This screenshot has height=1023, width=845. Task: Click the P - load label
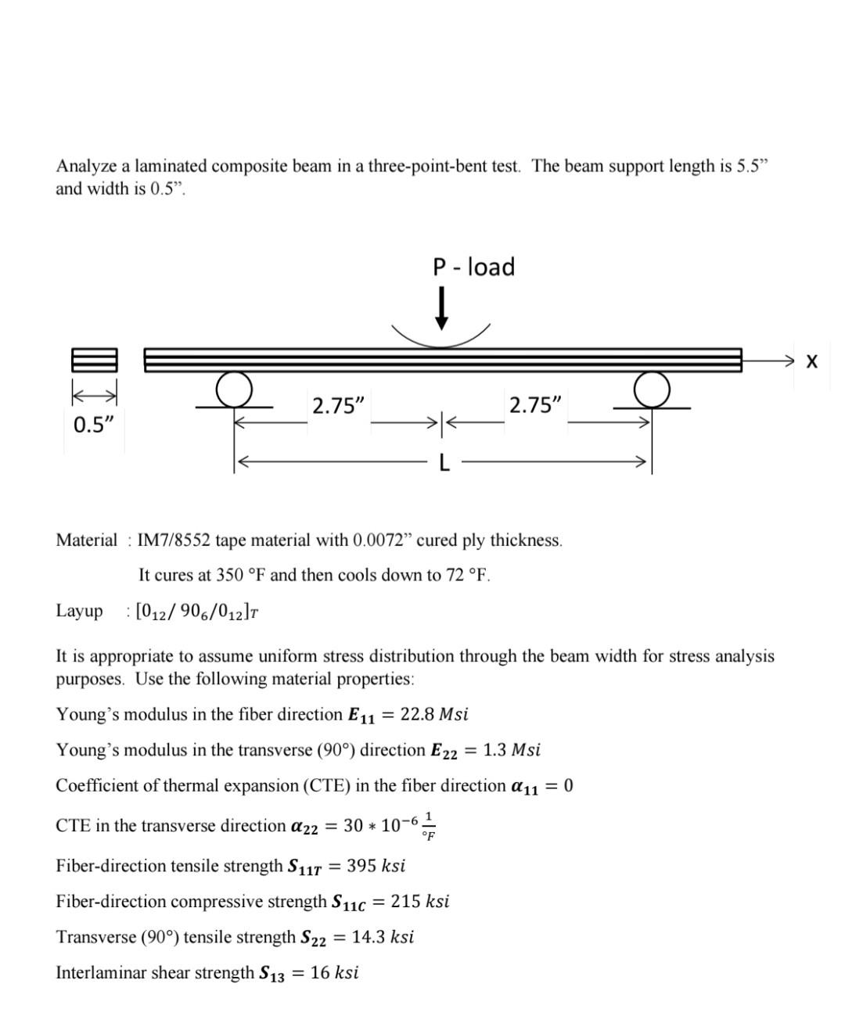[x=473, y=267]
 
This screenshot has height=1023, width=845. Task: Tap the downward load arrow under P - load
[x=442, y=309]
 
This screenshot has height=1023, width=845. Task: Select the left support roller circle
[x=234, y=388]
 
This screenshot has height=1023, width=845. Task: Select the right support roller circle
[x=652, y=388]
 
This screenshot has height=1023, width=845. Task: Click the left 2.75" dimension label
[x=338, y=406]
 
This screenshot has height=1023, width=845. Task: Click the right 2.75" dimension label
[x=535, y=406]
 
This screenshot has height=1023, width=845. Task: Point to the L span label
[x=444, y=464]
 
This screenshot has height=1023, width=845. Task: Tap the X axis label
[x=811, y=361]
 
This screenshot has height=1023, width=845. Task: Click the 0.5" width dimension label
[x=94, y=425]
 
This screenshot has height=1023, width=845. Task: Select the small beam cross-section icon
[x=95, y=360]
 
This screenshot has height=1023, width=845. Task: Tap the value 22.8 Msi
[x=434, y=714]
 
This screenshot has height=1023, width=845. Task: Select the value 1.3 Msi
[x=512, y=750]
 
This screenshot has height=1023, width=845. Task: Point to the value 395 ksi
[x=376, y=866]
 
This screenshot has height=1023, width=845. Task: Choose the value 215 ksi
[x=420, y=901]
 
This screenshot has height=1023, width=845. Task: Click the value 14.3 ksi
[x=383, y=937]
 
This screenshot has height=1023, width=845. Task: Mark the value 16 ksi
[x=334, y=973]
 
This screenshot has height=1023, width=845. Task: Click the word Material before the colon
[x=86, y=540]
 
